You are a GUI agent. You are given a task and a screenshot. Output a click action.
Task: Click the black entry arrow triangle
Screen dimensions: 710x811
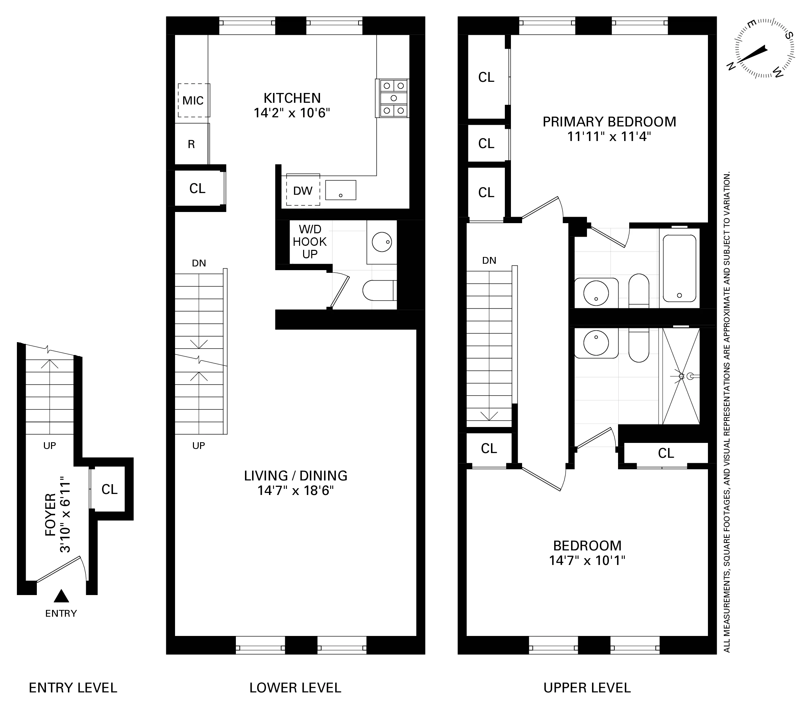click(x=62, y=596)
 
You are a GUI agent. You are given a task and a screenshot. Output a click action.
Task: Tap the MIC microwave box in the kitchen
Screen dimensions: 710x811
click(x=193, y=100)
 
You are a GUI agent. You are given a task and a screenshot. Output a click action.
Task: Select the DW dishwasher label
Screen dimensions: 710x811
click(x=303, y=191)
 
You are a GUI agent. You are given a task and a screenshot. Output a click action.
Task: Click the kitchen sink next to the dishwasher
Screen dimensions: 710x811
click(x=341, y=190)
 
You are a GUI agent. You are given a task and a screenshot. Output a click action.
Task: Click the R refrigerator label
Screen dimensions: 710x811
click(x=191, y=144)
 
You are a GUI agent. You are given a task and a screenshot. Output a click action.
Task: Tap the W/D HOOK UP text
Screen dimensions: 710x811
click(x=310, y=241)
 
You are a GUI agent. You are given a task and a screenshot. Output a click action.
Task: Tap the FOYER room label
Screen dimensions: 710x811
click(x=51, y=515)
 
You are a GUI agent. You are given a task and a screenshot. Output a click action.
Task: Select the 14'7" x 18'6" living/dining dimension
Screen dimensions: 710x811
click(x=296, y=491)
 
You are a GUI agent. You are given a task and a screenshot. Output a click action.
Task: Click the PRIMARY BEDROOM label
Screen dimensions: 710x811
click(x=609, y=122)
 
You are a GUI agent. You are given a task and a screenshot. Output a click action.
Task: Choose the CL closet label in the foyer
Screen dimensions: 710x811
click(x=109, y=489)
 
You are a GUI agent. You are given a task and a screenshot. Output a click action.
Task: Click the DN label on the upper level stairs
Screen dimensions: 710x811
click(x=489, y=260)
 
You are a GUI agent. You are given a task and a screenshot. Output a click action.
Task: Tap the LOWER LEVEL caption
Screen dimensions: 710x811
click(x=295, y=687)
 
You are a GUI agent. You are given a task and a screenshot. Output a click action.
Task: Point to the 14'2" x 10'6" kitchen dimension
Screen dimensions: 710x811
click(x=292, y=113)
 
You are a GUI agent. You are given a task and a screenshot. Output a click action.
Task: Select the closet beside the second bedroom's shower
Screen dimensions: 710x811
click(x=666, y=453)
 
